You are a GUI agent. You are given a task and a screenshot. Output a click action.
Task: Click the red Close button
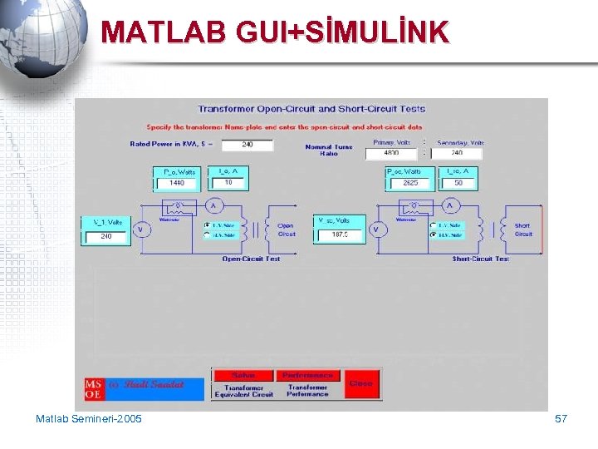coord(361,383)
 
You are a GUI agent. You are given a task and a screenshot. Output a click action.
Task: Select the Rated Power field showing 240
coord(247,145)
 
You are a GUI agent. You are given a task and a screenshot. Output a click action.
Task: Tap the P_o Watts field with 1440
coord(177,183)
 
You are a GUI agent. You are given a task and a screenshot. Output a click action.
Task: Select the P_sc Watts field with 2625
coord(409,183)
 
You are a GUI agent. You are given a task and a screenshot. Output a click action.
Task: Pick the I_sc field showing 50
coord(458,183)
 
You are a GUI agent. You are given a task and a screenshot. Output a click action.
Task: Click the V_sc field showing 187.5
coord(340,234)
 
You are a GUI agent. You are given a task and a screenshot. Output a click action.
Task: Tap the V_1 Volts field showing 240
coord(106,236)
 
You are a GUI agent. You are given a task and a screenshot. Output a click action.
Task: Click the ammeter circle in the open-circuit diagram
coord(212,205)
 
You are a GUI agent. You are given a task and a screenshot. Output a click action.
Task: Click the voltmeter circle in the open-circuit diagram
coord(140,229)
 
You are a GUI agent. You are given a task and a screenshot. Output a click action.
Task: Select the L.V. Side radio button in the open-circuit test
coord(207,224)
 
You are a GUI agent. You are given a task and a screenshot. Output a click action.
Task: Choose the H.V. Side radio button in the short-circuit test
coord(433,235)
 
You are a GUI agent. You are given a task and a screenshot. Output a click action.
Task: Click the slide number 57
coord(561,418)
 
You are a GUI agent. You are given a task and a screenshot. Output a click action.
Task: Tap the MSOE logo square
coord(94,389)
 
